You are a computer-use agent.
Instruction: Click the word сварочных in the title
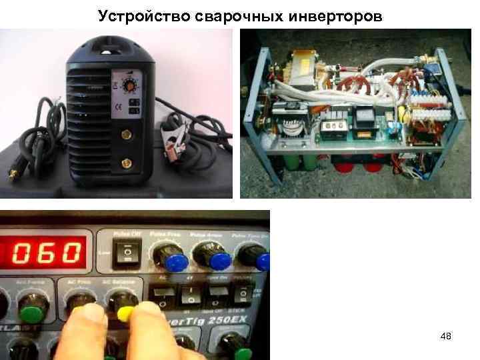tap(230, 15)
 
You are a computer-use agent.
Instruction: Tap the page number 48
tap(446, 337)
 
